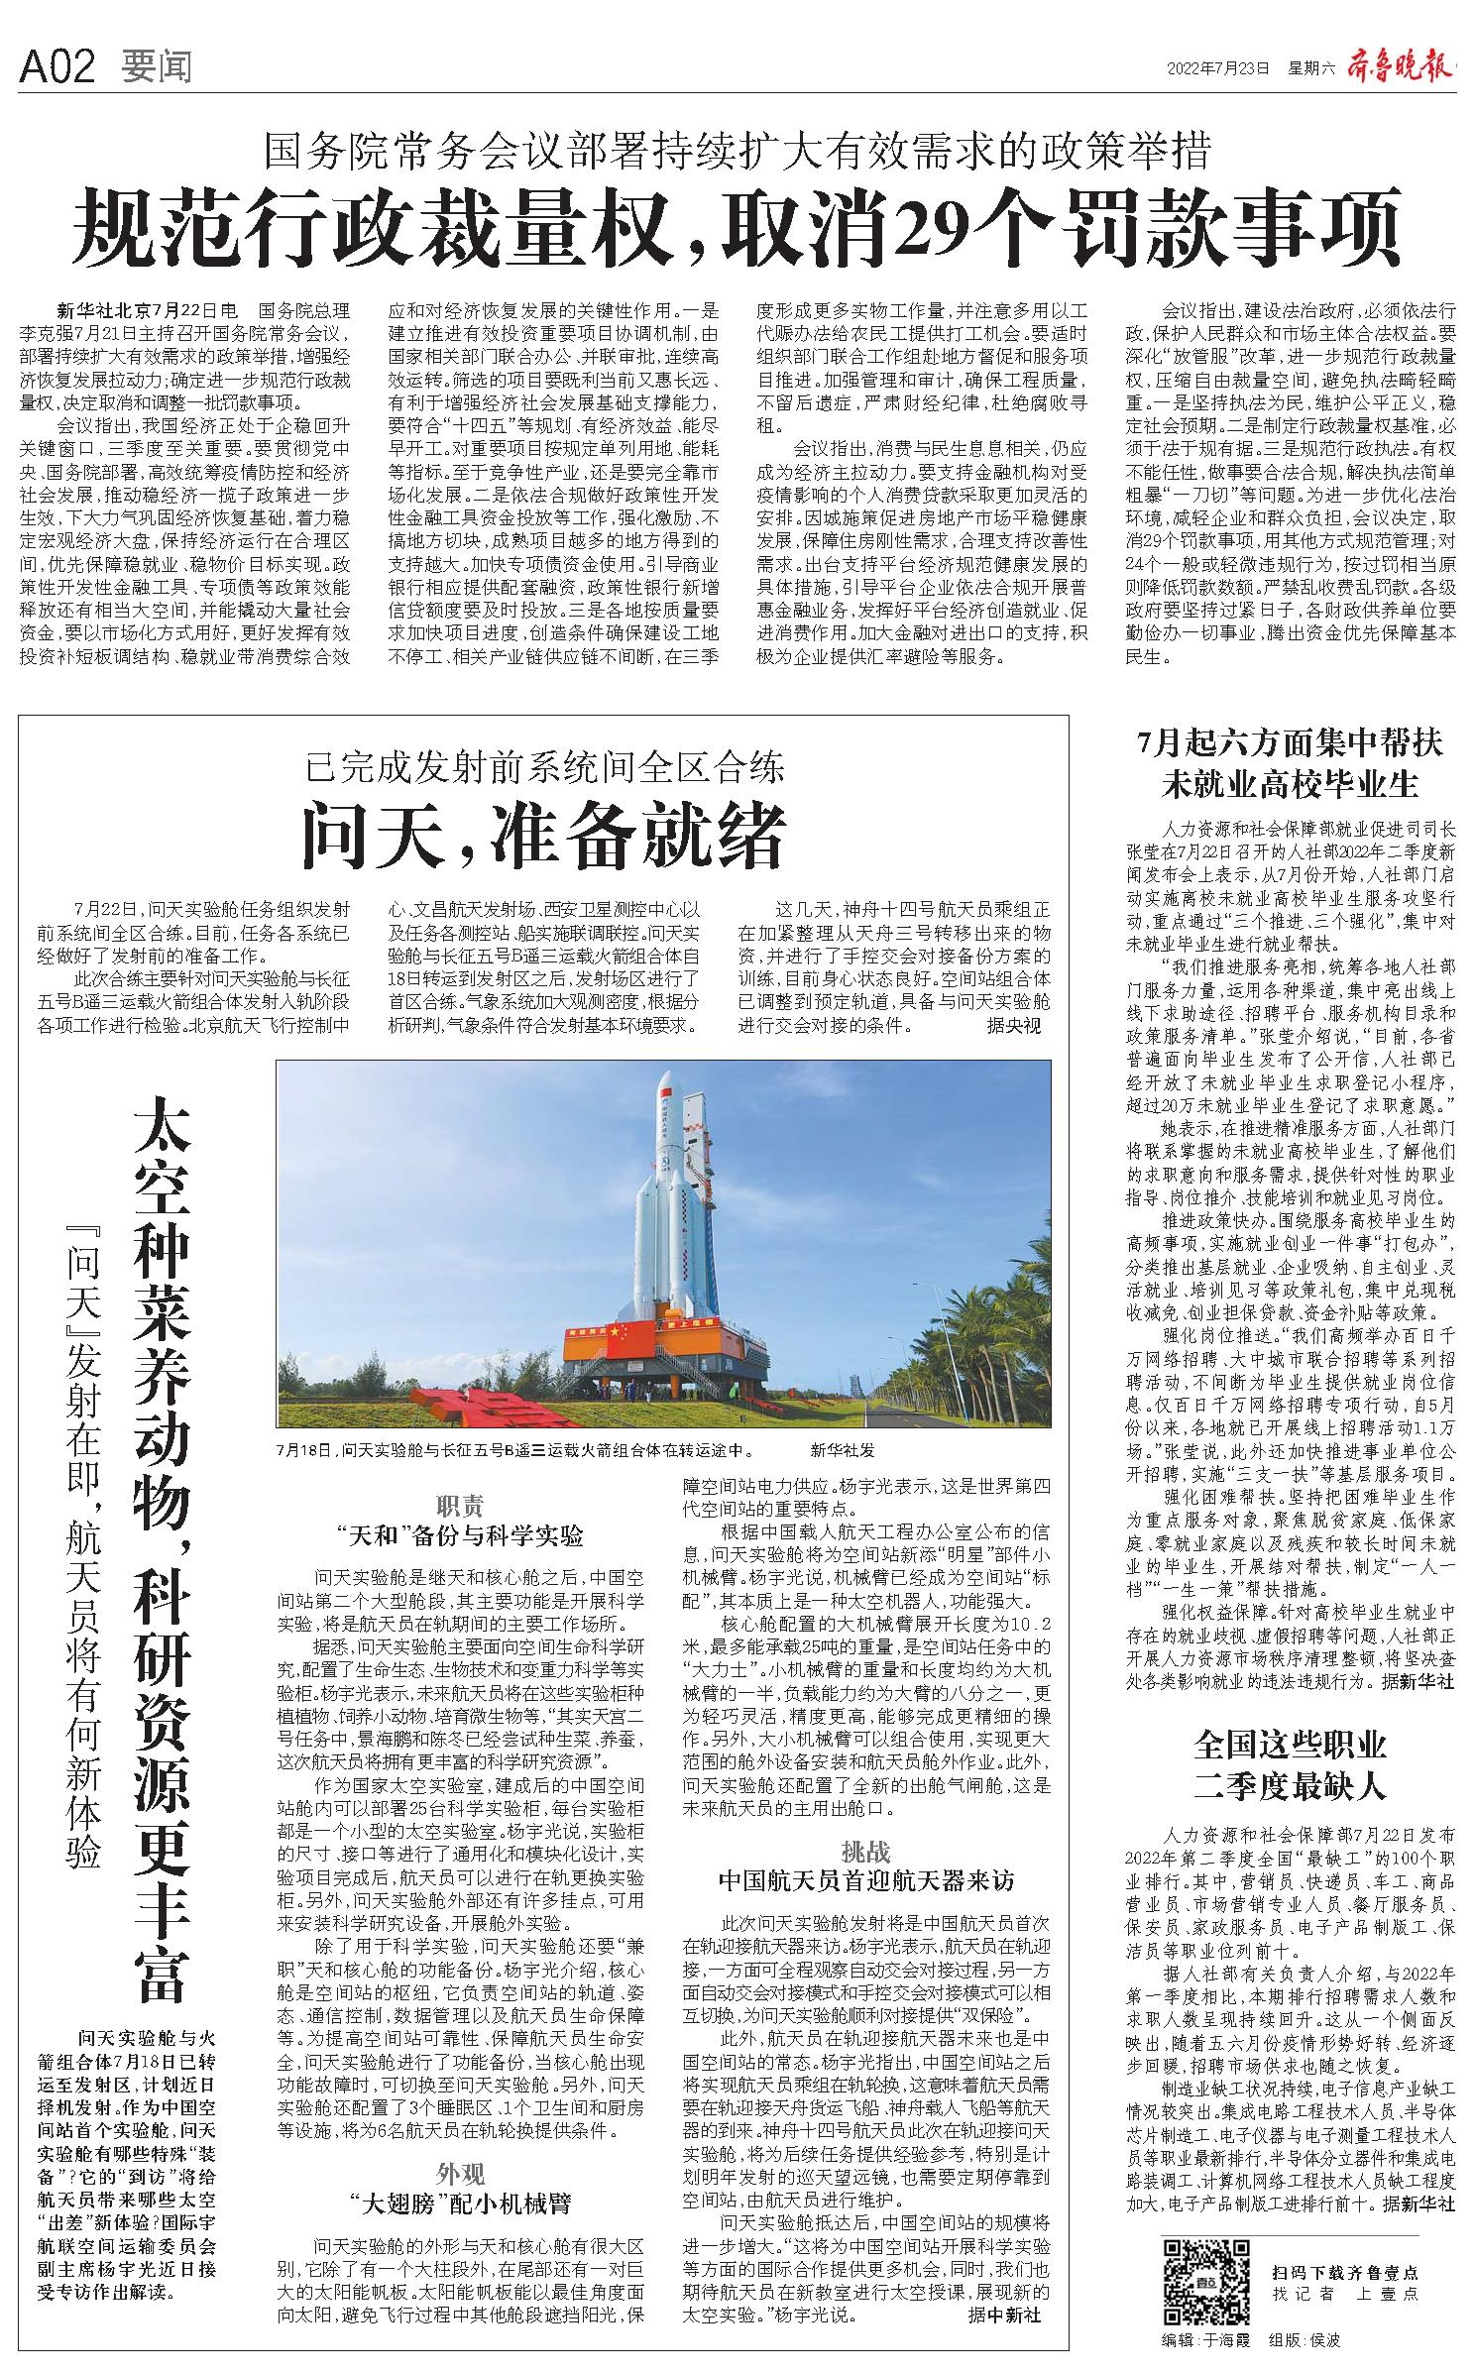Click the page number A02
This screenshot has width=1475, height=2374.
point(57,67)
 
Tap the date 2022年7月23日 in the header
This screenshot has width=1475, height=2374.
point(1218,68)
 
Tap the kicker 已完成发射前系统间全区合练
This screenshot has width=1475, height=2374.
point(544,768)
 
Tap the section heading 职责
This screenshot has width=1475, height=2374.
point(460,1507)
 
